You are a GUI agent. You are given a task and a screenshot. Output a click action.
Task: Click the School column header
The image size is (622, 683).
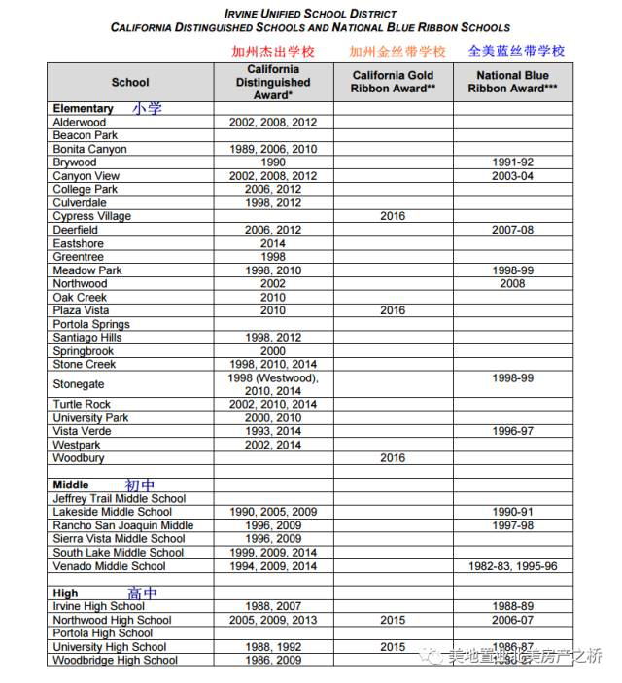tap(130, 83)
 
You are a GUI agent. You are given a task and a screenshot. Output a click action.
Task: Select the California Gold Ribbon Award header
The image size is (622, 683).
tap(393, 82)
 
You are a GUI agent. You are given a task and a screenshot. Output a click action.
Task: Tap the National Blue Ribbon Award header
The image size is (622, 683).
tap(512, 82)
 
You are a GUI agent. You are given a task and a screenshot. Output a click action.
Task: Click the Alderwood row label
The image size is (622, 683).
tap(80, 123)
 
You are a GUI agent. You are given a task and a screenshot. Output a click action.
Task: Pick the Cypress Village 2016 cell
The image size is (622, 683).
tap(393, 216)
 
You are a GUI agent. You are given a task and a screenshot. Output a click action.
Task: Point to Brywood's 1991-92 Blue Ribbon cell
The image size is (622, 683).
tap(512, 162)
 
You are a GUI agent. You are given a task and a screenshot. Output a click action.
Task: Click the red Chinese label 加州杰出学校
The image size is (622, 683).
tap(272, 52)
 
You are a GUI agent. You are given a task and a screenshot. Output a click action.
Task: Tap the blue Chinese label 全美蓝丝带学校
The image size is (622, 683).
tap(515, 51)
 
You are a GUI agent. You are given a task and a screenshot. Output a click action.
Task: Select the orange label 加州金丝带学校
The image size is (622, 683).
tap(397, 52)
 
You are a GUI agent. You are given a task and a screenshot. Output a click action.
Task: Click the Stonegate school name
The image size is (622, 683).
tap(79, 384)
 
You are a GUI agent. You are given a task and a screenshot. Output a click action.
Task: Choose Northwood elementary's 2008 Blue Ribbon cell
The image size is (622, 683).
tap(512, 284)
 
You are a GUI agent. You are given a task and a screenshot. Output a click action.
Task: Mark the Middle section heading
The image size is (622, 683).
tap(71, 485)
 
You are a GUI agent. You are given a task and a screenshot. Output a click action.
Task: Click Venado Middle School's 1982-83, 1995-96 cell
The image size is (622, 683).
tap(512, 566)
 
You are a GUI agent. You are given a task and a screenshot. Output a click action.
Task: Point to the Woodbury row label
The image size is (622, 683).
tap(79, 458)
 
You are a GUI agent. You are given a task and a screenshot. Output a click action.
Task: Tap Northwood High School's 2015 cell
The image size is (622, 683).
tap(393, 620)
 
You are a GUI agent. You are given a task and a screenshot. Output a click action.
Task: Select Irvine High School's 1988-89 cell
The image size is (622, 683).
tap(512, 606)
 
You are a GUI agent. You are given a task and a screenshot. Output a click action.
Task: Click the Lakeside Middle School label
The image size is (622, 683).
tap(112, 512)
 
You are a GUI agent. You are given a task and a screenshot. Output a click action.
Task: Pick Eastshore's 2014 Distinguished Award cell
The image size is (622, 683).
tap(273, 243)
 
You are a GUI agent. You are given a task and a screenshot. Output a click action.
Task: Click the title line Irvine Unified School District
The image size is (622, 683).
tap(310, 14)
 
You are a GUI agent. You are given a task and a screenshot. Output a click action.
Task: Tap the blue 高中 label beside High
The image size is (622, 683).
tap(142, 593)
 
